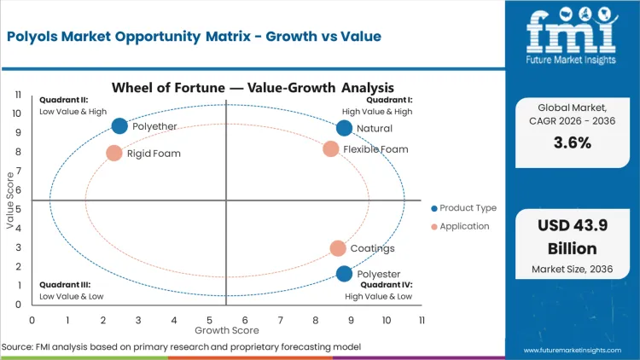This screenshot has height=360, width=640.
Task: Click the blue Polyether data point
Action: pyautogui.click(x=119, y=126)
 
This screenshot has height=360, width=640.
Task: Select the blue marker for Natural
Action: pyautogui.click(x=344, y=128)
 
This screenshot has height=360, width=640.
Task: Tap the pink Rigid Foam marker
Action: pyautogui.click(x=114, y=154)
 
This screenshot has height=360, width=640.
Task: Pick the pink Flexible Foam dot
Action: pyautogui.click(x=331, y=149)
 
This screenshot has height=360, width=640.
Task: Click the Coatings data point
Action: pyautogui.click(x=338, y=248)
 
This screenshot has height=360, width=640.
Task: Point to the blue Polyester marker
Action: pyautogui.click(x=344, y=274)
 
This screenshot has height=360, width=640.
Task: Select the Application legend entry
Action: pyautogui.click(x=461, y=226)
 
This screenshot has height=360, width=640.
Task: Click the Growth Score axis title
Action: pyautogui.click(x=226, y=329)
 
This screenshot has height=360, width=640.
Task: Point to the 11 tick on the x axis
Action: pyautogui.click(x=422, y=319)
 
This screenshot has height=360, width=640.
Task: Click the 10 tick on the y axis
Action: pyautogui.click(x=16, y=113)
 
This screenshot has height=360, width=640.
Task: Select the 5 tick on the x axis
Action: pyautogui.click(x=209, y=319)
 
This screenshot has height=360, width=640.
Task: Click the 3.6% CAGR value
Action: pyautogui.click(x=572, y=142)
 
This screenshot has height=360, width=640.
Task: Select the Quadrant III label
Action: pyautogui.click(x=65, y=285)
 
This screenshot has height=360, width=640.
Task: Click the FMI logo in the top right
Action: pyautogui.click(x=571, y=34)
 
